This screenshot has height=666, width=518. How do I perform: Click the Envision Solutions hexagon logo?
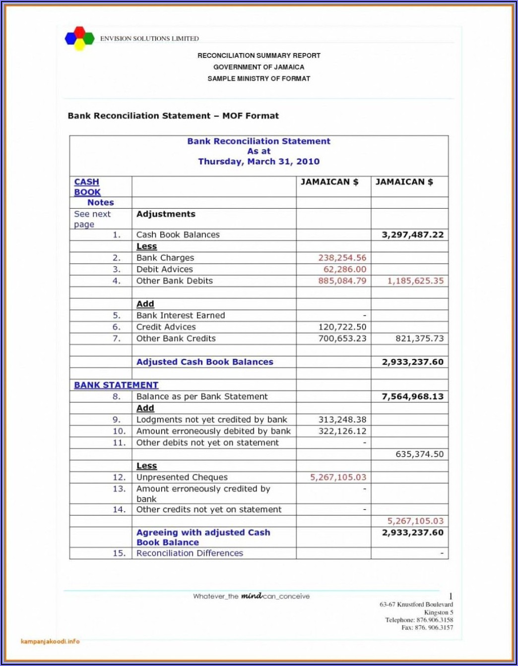click(79, 38)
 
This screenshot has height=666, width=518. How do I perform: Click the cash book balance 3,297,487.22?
click(412, 235)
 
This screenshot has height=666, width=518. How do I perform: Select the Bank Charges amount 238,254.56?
click(342, 258)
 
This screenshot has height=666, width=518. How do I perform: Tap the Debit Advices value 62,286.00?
click(345, 270)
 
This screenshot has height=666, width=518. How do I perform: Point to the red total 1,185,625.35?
click(415, 281)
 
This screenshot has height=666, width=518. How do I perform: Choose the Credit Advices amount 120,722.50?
click(342, 327)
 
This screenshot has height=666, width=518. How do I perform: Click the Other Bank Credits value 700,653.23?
click(342, 338)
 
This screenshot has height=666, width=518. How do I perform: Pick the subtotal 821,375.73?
click(419, 338)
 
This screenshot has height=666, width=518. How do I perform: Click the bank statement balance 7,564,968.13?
click(412, 396)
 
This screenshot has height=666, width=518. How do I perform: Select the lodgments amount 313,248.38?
click(342, 420)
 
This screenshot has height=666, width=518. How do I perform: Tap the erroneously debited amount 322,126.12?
click(342, 431)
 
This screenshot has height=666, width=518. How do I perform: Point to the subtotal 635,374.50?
click(419, 454)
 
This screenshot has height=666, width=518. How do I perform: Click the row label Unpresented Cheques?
click(182, 477)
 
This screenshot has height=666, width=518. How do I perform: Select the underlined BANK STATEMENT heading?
click(116, 385)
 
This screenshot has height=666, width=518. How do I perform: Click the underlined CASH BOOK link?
click(87, 187)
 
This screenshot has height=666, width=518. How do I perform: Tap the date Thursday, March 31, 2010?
click(259, 162)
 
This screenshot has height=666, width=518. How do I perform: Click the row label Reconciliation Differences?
click(190, 553)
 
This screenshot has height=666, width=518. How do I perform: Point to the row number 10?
click(119, 431)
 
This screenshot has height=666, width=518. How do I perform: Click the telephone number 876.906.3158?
click(434, 620)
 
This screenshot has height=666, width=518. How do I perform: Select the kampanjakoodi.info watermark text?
click(50, 641)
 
